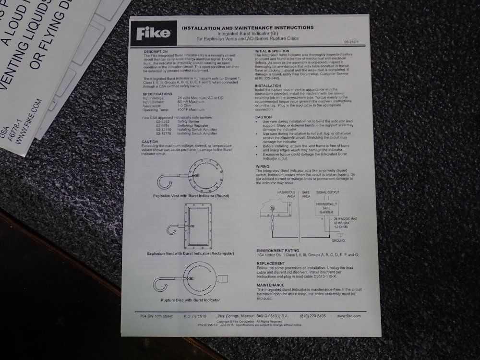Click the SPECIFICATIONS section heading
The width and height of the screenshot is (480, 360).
tap(157, 94)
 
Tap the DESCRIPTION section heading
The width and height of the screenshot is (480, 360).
tap(156, 51)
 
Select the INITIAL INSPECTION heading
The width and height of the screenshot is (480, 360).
tap(274, 51)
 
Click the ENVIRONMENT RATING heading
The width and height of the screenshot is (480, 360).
tap(278, 251)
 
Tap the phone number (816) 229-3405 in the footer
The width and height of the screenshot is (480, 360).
tap(312, 316)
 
